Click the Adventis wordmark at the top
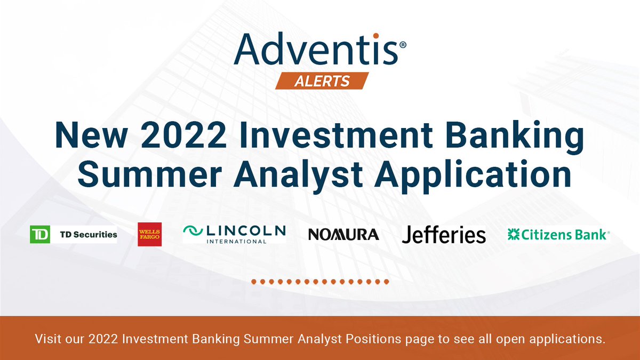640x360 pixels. [x=315, y=50]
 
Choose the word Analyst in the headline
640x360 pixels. [x=290, y=175]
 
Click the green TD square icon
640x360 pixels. [x=40, y=234]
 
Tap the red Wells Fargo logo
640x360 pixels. [x=150, y=234]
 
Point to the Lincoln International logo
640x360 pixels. [x=234, y=234]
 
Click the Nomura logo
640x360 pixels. [x=343, y=234]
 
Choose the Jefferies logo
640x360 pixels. [x=444, y=234]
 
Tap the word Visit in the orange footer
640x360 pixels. [x=47, y=338]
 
